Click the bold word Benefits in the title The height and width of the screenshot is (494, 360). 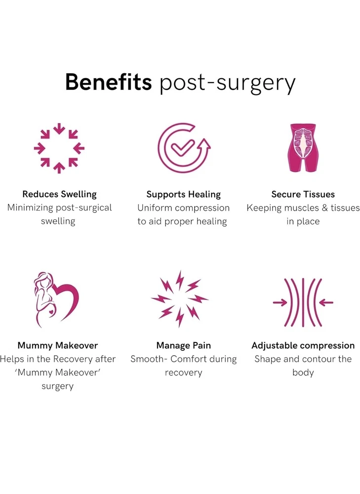click(108, 82)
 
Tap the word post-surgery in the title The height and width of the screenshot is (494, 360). click(227, 83)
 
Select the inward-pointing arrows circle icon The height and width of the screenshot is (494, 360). click(59, 148)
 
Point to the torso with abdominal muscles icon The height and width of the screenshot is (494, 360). click(303, 147)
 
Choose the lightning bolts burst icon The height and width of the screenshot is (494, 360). click(180, 299)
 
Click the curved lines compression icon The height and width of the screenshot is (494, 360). click(303, 302)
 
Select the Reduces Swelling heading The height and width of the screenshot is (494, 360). click(59, 194)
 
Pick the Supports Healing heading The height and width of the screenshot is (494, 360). click(183, 194)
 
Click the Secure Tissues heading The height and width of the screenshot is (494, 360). click(303, 194)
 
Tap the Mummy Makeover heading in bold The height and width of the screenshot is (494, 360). click(58, 345)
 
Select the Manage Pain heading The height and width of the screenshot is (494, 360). click(183, 345)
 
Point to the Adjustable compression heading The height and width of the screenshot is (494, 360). click(303, 345)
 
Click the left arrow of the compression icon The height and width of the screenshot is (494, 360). click(280, 302)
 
